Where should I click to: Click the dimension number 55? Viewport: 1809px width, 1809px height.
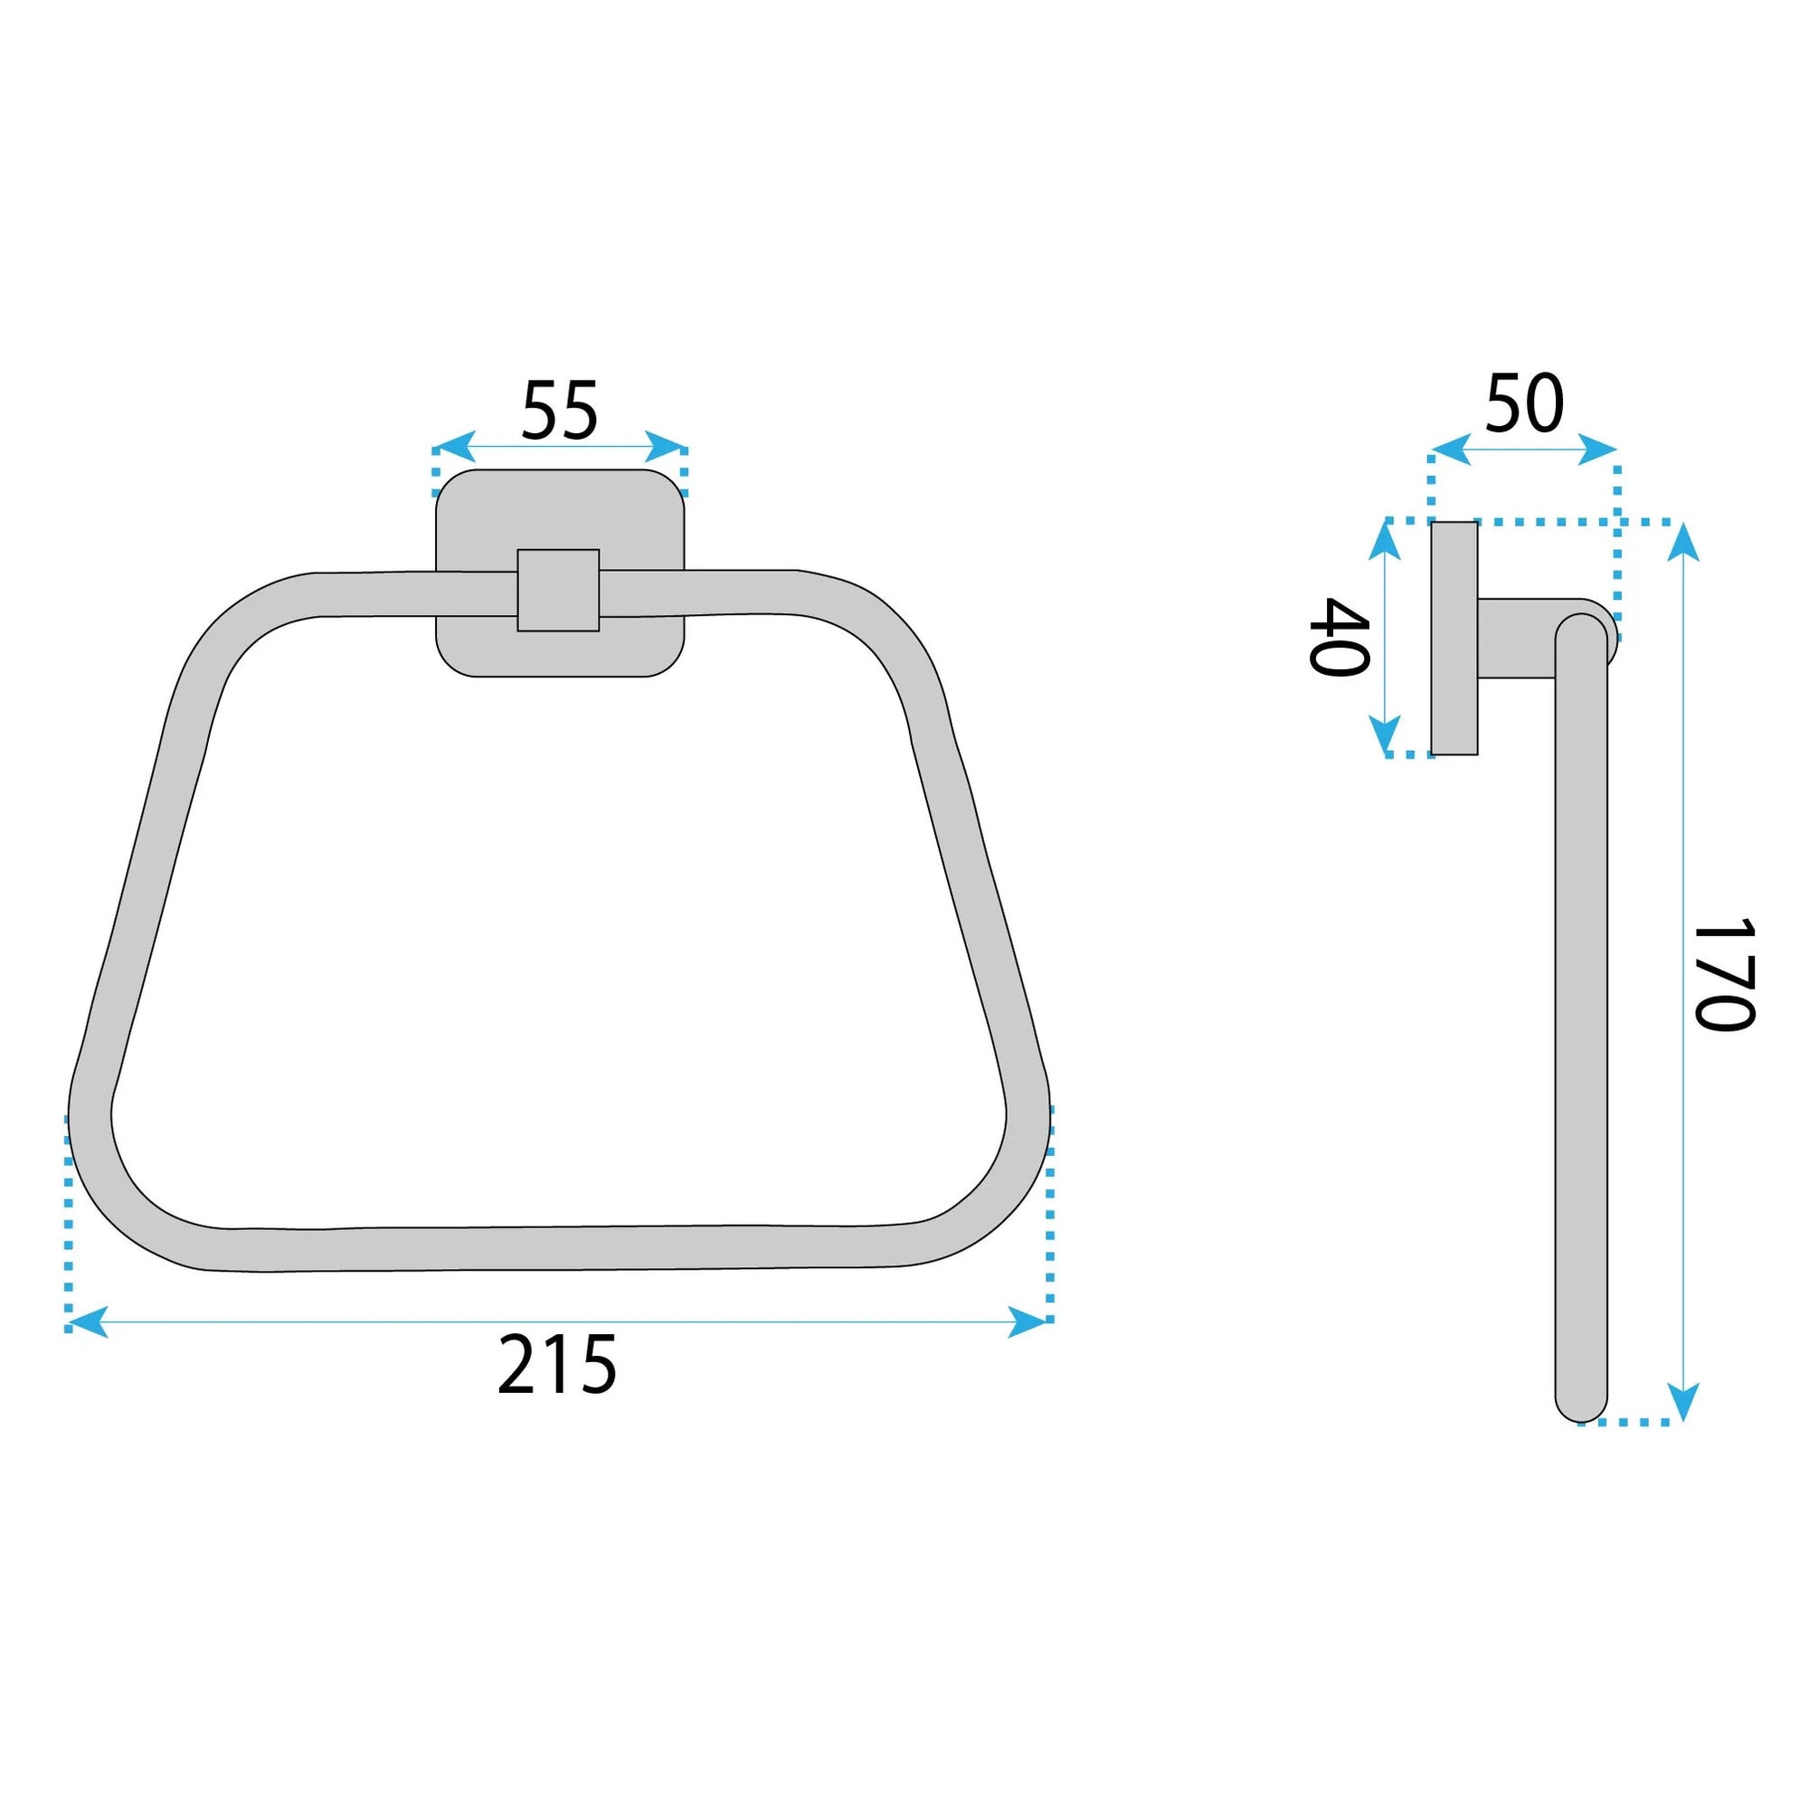pyautogui.click(x=559, y=410)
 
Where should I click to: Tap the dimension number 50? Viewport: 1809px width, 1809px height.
pyautogui.click(x=1524, y=403)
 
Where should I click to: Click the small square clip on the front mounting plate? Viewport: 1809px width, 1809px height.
pyautogui.click(x=558, y=590)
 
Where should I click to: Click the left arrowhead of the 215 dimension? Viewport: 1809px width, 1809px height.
pyautogui.click(x=88, y=1322)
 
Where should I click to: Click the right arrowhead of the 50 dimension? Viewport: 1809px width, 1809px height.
pyautogui.click(x=1597, y=450)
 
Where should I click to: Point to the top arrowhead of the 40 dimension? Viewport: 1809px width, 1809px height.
pyautogui.click(x=1385, y=540)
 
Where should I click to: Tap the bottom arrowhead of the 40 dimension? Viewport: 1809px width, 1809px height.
pyautogui.click(x=1385, y=735)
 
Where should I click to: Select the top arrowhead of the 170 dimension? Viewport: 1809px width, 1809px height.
pyautogui.click(x=1683, y=542)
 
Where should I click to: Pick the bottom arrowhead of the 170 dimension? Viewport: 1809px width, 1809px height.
pyautogui.click(x=1683, y=1402)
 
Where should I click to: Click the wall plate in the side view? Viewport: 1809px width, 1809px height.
pyautogui.click(x=1454, y=638)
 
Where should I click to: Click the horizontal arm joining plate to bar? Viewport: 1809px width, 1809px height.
pyautogui.click(x=1515, y=638)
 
